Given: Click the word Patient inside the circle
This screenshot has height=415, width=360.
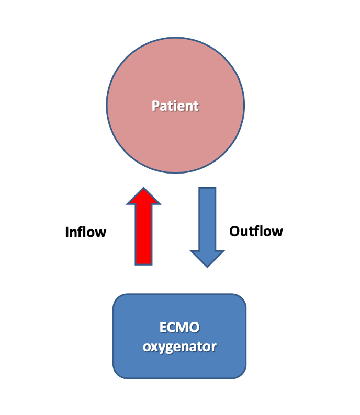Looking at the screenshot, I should pos(175,106).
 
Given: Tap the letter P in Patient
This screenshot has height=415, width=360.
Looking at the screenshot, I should pos(155,106).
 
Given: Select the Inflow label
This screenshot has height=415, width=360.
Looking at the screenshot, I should pos(85,232).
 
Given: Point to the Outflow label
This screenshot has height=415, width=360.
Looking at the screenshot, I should pos(256,231).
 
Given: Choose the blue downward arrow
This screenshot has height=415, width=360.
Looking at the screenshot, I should pos(207,225).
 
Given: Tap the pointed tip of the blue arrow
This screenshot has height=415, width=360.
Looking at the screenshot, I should pos(207,267).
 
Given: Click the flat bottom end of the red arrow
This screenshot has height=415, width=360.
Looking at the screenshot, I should pos(144,264).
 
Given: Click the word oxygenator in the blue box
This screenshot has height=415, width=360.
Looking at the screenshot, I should pos(179,346).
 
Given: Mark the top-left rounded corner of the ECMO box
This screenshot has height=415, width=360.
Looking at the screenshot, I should pos(118,298).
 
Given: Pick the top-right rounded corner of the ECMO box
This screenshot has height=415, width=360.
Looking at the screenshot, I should pos(241,298).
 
